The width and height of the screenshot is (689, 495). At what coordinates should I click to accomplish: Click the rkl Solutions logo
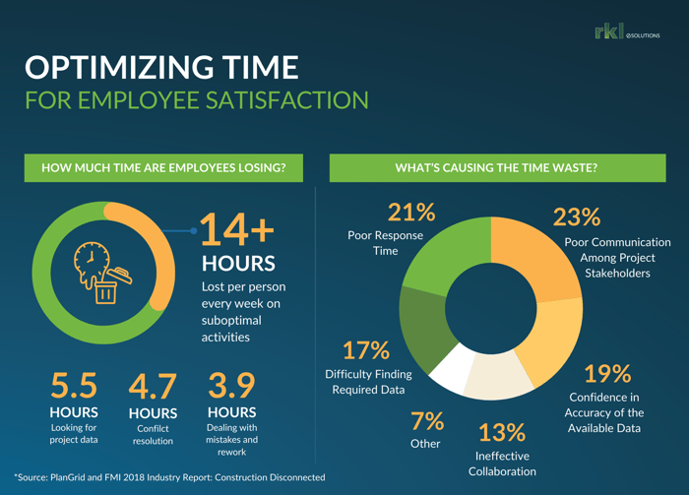pyautogui.click(x=627, y=33)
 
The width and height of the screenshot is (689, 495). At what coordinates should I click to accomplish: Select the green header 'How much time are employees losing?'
pyautogui.click(x=163, y=168)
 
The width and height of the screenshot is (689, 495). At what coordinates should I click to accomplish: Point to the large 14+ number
pyautogui.click(x=237, y=229)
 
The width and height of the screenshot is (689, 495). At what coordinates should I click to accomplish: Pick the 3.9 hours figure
pyautogui.click(x=231, y=387)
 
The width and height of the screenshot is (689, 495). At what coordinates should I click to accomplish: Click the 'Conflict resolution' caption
pyautogui.click(x=153, y=435)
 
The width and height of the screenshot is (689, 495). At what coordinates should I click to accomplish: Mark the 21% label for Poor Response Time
pyautogui.click(x=411, y=212)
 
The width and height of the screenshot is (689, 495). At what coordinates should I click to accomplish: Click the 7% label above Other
pyautogui.click(x=427, y=421)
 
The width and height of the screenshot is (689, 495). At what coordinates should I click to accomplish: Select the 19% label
pyautogui.click(x=607, y=374)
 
